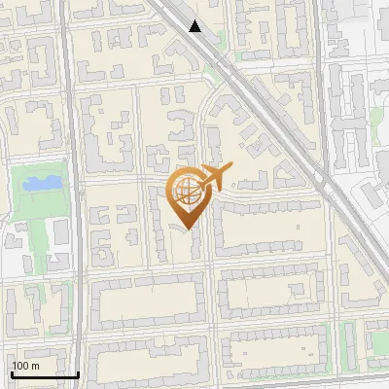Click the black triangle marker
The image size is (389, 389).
(x=195, y=26)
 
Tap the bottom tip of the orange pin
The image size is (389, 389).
(x=185, y=230)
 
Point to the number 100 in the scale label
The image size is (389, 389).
(x=20, y=366)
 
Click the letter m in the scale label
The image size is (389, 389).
(x=35, y=366)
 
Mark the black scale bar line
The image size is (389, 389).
(x=45, y=374)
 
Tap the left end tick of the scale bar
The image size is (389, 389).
(x=12, y=372)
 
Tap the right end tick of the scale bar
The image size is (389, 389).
(x=79, y=372)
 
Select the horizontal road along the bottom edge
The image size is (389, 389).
(x=194, y=381)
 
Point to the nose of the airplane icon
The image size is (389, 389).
(x=232, y=169)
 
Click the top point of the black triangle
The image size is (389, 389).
(x=195, y=20)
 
